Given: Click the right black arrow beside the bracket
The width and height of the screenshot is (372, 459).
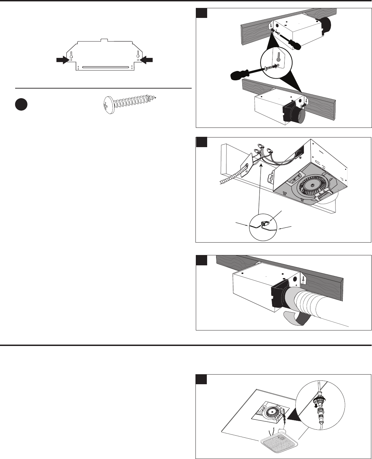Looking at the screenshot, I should tap(147, 60).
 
